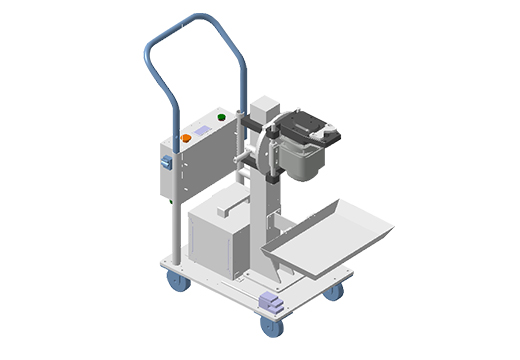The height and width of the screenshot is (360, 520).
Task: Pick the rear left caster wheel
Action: [x=178, y=282]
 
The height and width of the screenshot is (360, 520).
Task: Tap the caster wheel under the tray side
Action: [x=333, y=290]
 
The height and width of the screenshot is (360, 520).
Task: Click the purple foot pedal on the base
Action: [x=270, y=301]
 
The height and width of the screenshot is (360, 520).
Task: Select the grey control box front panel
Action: [x=200, y=160]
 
